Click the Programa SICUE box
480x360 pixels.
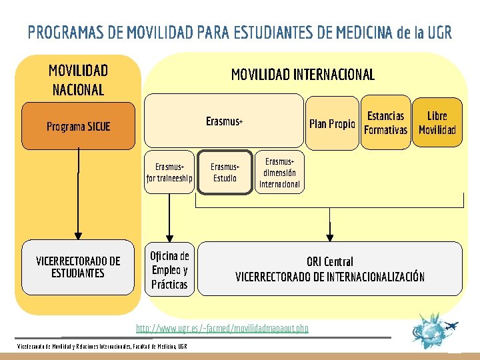click(78, 126)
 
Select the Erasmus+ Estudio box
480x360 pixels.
click(225, 173)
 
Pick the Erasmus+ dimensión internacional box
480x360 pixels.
click(279, 173)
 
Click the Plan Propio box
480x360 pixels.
click(331, 123)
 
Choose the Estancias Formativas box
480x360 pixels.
click(385, 123)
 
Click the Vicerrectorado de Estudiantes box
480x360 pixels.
click(78, 267)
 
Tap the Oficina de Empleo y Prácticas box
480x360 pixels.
click(169, 269)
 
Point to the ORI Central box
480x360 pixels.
click(329, 269)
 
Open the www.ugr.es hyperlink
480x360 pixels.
click(222, 329)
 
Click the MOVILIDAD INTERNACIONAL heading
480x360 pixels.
click(303, 75)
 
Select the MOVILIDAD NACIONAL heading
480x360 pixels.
click(78, 80)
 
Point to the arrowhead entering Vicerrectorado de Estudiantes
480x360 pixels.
click(78, 235)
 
